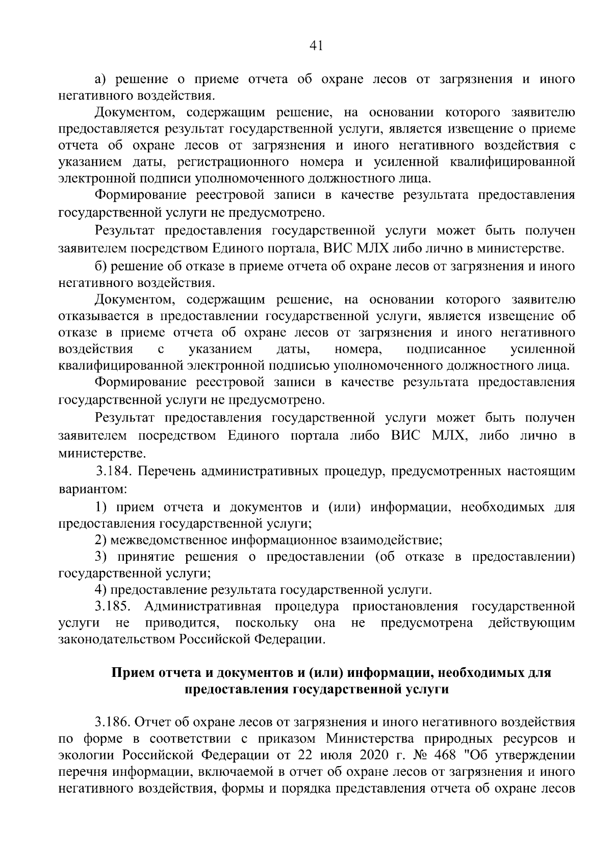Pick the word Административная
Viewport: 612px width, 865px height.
point(202,607)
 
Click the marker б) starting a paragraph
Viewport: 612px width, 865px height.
point(101,266)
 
